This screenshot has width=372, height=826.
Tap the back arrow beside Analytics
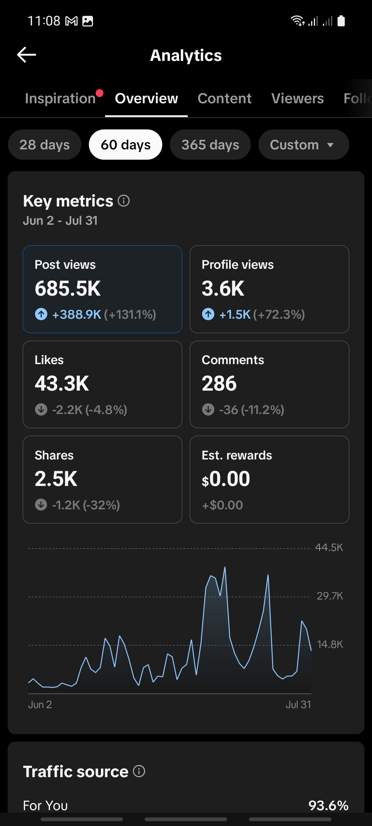coord(27,55)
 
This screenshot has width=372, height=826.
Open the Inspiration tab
coord(60,98)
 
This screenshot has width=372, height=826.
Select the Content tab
coord(225,98)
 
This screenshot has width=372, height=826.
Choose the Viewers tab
coord(298,98)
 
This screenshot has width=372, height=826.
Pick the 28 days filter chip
coord(45,145)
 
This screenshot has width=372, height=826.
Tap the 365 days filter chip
coord(210,145)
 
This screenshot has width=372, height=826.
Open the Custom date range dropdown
coord(303,145)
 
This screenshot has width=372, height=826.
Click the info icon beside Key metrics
coord(124,201)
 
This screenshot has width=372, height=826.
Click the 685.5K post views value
coord(68,288)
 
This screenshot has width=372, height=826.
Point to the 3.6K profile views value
coord(223,288)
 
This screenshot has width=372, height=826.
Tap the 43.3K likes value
coord(62,383)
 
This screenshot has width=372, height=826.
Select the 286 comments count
coord(219,383)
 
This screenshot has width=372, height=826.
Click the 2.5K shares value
coord(56,479)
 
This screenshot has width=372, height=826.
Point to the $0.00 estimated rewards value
coord(226,479)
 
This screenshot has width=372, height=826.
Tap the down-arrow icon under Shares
coord(41,505)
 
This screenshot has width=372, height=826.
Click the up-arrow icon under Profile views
coord(208,314)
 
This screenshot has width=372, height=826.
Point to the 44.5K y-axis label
coord(329,548)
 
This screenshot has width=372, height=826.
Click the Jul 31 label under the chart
coord(298,705)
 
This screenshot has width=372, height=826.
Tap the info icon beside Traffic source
coord(139,771)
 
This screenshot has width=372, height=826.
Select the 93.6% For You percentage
coord(329,805)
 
